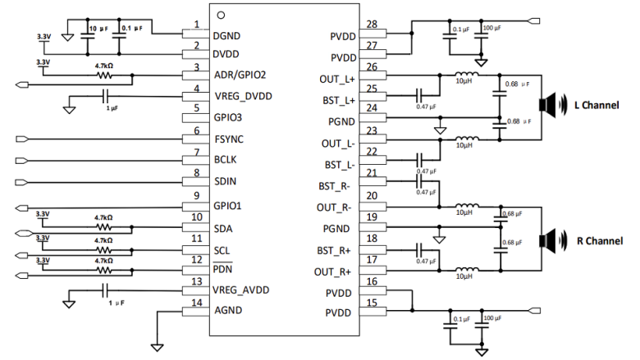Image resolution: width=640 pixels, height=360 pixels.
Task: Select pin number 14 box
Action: click(195, 303)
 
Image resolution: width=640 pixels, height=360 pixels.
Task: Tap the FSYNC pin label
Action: click(231, 140)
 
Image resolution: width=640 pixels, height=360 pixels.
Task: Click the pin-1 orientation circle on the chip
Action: click(221, 16)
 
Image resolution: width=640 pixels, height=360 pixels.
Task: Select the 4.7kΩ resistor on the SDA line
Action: click(103, 227)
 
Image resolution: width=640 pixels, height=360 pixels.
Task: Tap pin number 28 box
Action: click(373, 24)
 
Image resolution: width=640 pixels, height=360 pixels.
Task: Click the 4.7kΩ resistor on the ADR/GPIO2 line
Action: click(103, 75)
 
